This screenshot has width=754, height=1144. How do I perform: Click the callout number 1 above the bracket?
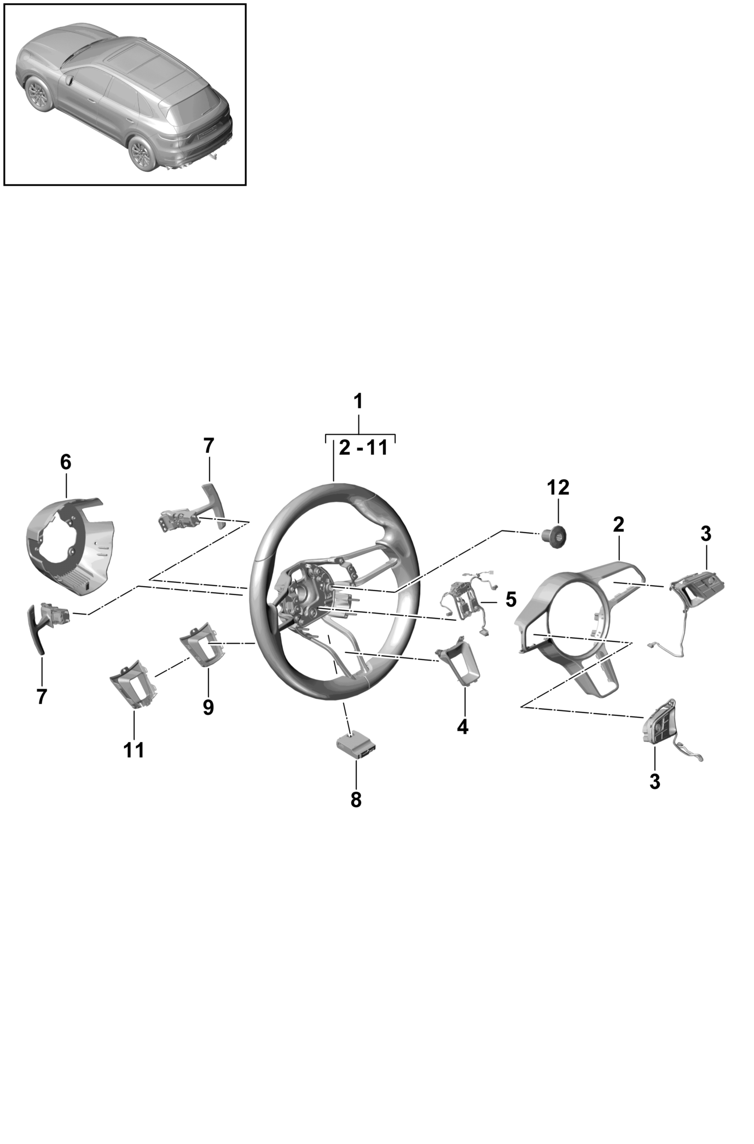coord(358,402)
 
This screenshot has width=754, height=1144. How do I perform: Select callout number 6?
coord(65,462)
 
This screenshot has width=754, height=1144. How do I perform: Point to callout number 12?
coord(558,487)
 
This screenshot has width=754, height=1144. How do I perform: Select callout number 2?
coord(618,524)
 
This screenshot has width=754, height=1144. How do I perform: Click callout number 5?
coord(511,599)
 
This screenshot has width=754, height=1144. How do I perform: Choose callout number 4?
coord(463,727)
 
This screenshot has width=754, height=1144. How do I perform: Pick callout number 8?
coord(356,799)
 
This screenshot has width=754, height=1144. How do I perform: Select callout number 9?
coord(208,707)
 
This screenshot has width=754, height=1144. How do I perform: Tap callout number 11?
coord(134,750)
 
